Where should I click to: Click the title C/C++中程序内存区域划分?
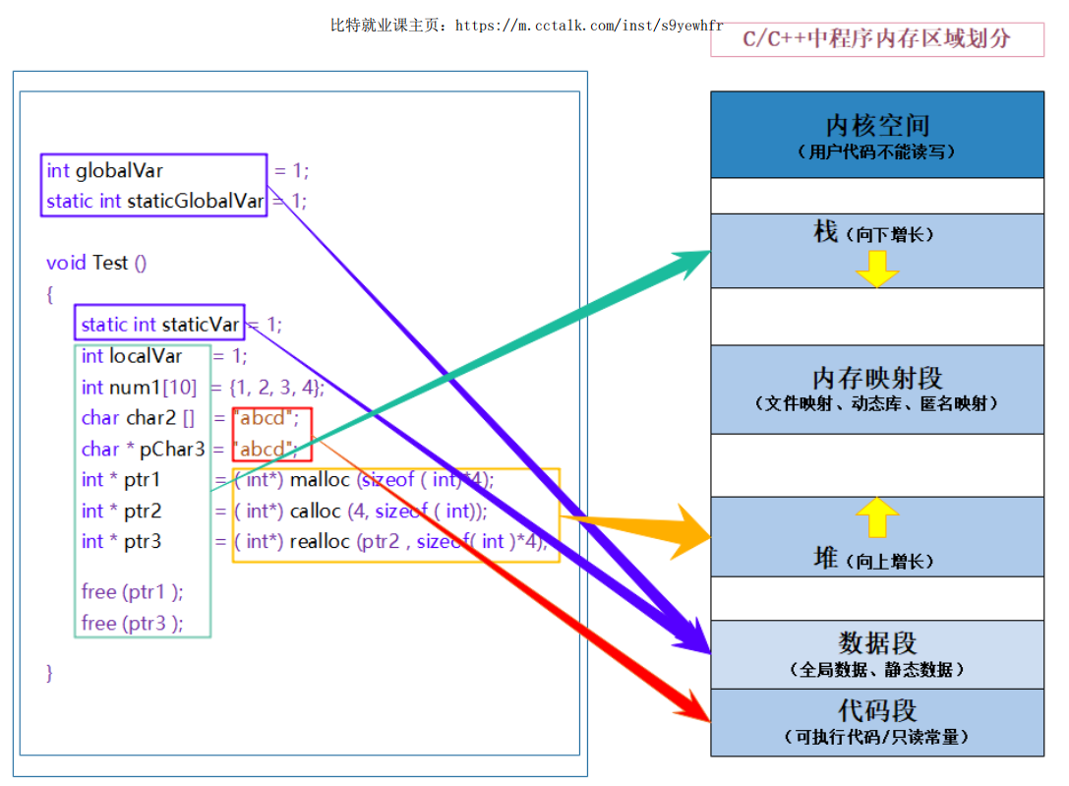tap(876, 39)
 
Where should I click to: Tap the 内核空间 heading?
tap(877, 126)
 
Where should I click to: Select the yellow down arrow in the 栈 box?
tap(877, 269)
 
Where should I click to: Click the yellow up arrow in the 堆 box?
tap(877, 517)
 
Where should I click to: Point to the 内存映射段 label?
tap(877, 378)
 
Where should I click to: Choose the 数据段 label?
tap(877, 643)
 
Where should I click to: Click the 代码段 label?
tap(877, 710)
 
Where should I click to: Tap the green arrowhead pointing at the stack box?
tap(693, 262)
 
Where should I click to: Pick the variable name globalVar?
tap(119, 171)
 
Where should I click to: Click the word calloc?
tap(315, 512)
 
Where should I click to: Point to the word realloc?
tap(319, 542)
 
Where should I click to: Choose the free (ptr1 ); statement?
tap(132, 592)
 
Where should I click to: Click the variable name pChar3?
tap(172, 450)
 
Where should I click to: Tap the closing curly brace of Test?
tap(50, 673)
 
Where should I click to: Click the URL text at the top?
tap(589, 26)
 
